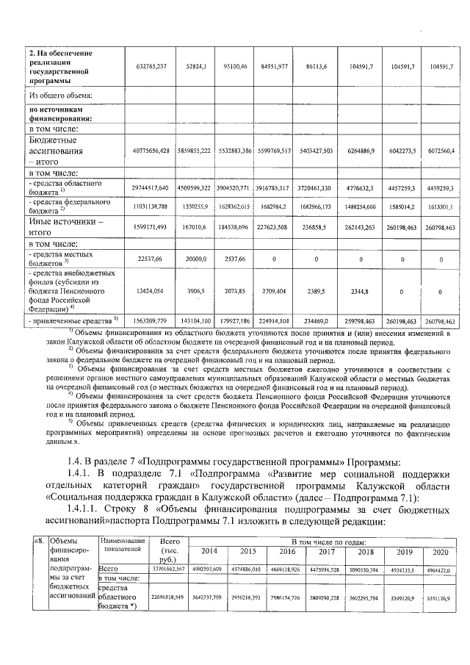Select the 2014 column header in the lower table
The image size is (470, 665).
pos(209,552)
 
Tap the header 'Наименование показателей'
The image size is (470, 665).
pos(122,545)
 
